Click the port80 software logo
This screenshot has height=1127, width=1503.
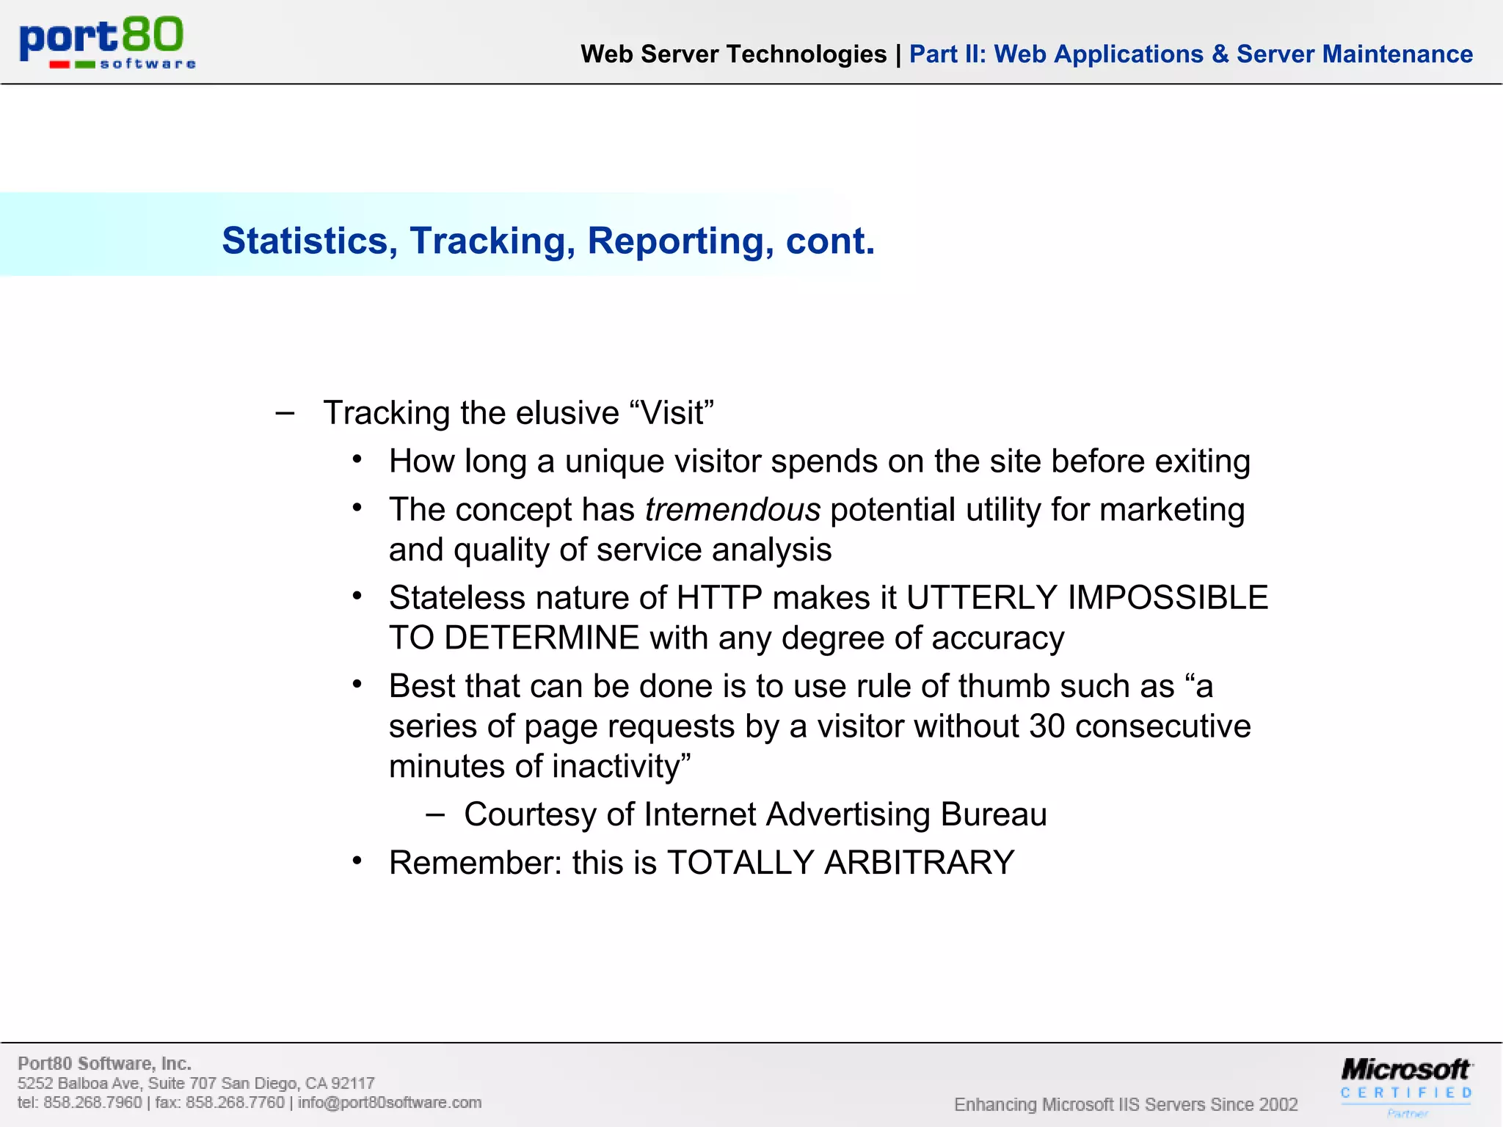pyautogui.click(x=107, y=43)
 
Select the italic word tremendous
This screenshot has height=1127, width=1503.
pyautogui.click(x=732, y=510)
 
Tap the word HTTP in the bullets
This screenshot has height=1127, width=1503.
pyautogui.click(x=719, y=598)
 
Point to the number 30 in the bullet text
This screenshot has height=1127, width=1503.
pyautogui.click(x=1047, y=726)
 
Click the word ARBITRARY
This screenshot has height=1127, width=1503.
pyautogui.click(x=919, y=863)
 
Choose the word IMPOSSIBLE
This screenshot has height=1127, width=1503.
pyautogui.click(x=1168, y=598)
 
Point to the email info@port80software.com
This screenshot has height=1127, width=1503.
pyautogui.click(x=390, y=1103)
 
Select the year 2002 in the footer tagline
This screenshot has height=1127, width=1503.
pyautogui.click(x=1278, y=1105)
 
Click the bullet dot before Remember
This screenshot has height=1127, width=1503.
pyautogui.click(x=357, y=861)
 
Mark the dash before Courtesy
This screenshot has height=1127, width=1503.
pyautogui.click(x=435, y=814)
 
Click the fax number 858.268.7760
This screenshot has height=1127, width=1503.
pyautogui.click(x=235, y=1103)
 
